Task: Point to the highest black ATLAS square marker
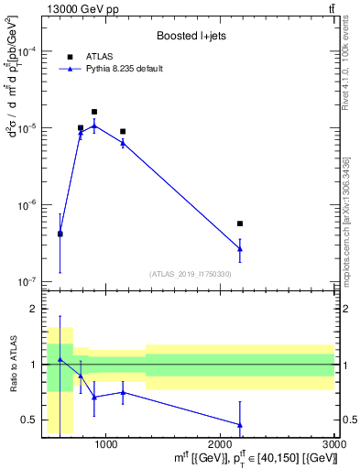coord(94,112)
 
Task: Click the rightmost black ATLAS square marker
coord(240,224)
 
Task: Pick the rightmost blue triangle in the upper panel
coord(240,248)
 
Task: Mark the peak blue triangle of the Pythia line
coord(94,125)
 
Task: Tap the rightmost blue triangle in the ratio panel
coord(240,425)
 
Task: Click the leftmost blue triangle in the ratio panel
coord(60,359)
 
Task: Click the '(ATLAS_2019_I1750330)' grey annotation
coord(189,274)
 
